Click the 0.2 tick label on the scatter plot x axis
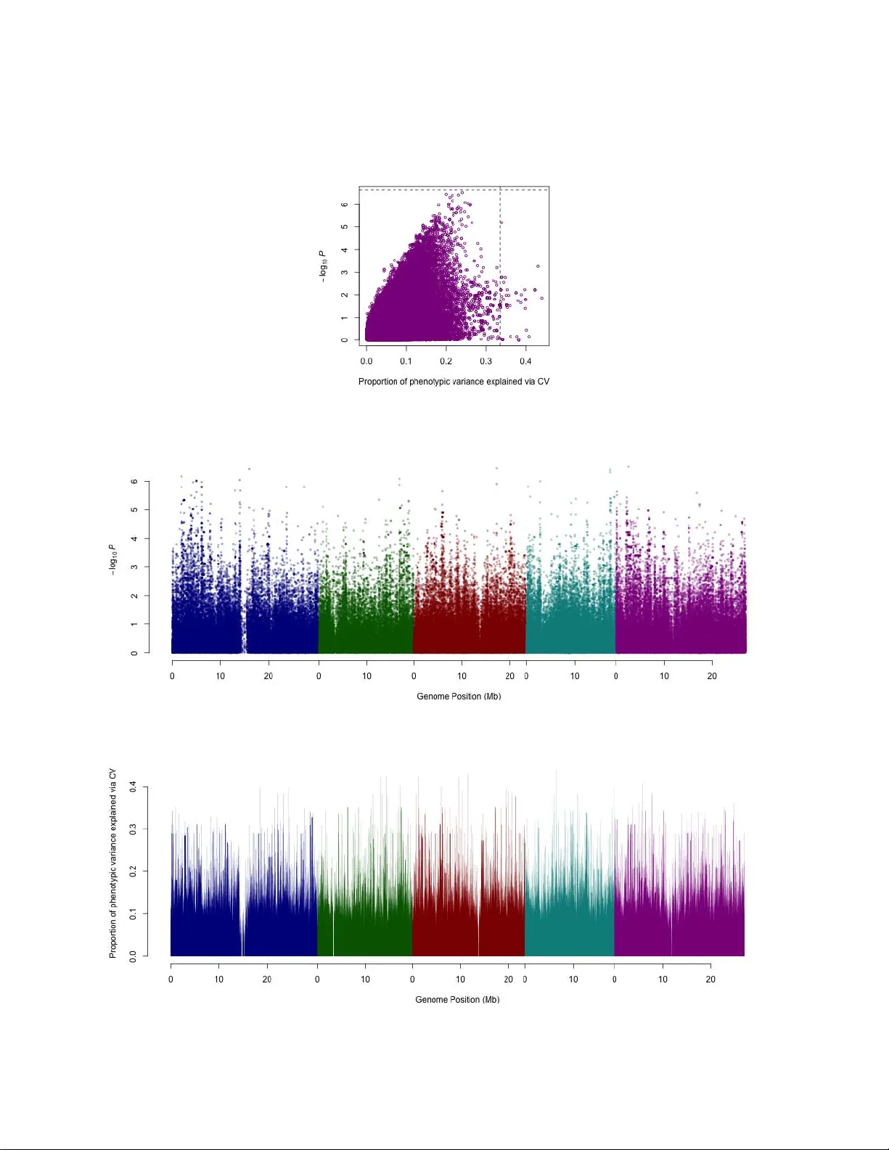[446, 361]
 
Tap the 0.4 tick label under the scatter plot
[525, 361]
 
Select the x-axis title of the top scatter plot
[454, 382]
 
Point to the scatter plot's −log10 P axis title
[324, 266]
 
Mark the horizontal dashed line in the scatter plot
[435, 190]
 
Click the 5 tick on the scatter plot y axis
[345, 227]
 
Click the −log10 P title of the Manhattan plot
[112, 560]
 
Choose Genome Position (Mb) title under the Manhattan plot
[459, 697]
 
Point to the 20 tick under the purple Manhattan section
[712, 676]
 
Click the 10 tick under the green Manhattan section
[367, 676]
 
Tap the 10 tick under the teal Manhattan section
[575, 676]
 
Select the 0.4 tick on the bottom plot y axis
[134, 786]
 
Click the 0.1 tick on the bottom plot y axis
[134, 913]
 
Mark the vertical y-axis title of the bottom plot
[113, 863]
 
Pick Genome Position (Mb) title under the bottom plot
[457, 1000]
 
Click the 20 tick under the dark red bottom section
[509, 979]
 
